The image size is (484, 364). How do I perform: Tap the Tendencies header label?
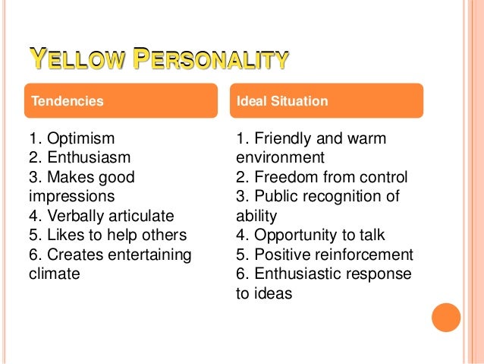[66, 100]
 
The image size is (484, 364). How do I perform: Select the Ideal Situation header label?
[282, 100]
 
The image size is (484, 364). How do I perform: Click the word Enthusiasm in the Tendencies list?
[88, 158]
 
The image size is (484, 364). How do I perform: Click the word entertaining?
[146, 254]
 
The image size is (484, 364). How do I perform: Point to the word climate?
[53, 273]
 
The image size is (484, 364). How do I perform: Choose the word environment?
[280, 158]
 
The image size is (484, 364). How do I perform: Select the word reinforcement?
[366, 255]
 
